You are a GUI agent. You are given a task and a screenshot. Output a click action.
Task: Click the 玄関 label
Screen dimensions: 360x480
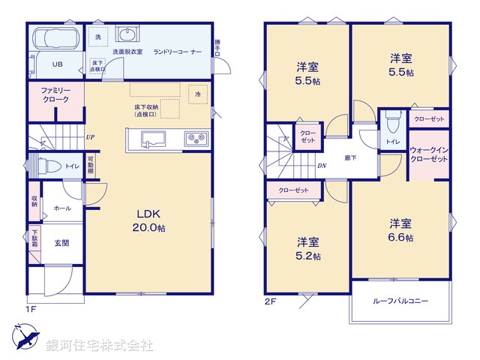(61, 242)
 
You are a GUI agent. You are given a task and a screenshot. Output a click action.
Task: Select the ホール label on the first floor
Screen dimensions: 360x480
(62, 208)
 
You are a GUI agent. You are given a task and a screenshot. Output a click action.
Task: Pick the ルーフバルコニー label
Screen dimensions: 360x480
(401, 301)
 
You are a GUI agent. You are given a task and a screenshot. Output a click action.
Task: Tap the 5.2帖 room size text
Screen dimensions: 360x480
(308, 256)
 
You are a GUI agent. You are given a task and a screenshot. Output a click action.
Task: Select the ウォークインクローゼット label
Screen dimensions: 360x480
(429, 154)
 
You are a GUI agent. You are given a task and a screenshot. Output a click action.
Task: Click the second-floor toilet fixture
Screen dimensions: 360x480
(391, 122)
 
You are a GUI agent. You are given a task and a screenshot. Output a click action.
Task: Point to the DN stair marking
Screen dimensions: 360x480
(321, 166)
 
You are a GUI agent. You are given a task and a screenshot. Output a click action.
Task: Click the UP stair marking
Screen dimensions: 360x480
(90, 137)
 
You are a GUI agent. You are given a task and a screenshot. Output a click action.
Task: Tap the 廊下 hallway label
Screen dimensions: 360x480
(350, 158)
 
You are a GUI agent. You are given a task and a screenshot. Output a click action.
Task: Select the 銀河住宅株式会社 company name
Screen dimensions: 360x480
(100, 346)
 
